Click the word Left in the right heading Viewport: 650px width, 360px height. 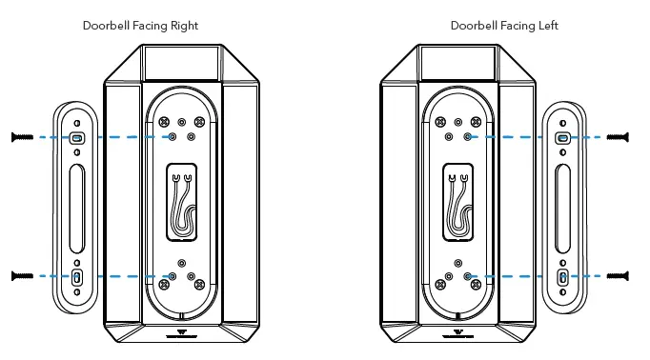[x=546, y=26]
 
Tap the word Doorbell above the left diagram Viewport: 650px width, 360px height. [x=107, y=26]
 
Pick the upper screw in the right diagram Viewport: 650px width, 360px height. [x=618, y=137]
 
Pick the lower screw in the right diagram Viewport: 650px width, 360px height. [x=618, y=276]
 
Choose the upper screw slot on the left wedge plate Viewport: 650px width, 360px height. [x=77, y=137]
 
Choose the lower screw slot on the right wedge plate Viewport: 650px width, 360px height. [x=563, y=277]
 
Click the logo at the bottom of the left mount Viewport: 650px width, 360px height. [x=180, y=333]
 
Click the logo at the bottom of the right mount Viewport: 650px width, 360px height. [x=458, y=333]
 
